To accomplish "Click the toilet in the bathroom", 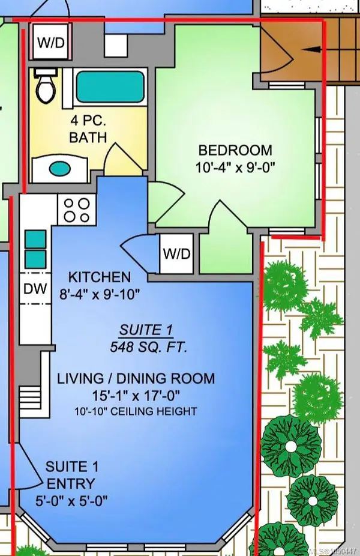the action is pos(46,86).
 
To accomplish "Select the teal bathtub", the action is pos(110,87).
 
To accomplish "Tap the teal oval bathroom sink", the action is pos(59,169).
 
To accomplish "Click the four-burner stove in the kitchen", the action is pos(77,210).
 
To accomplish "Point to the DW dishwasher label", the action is pos(35,289).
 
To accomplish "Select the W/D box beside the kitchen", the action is pos(176,253).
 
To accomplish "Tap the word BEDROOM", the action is pos(235,150).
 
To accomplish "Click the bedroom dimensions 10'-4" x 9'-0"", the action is pos(235,167).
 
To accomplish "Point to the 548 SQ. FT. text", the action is pos(148,347).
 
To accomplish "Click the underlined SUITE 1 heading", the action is pos(146,330).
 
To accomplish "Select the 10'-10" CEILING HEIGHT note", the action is pos(136,411).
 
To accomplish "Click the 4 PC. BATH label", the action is pos(88,128).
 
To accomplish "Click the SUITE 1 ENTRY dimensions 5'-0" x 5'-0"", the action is pos(71,501).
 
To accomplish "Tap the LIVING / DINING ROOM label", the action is pos(136,378).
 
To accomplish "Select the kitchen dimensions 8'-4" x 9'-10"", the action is pos(100,294).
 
